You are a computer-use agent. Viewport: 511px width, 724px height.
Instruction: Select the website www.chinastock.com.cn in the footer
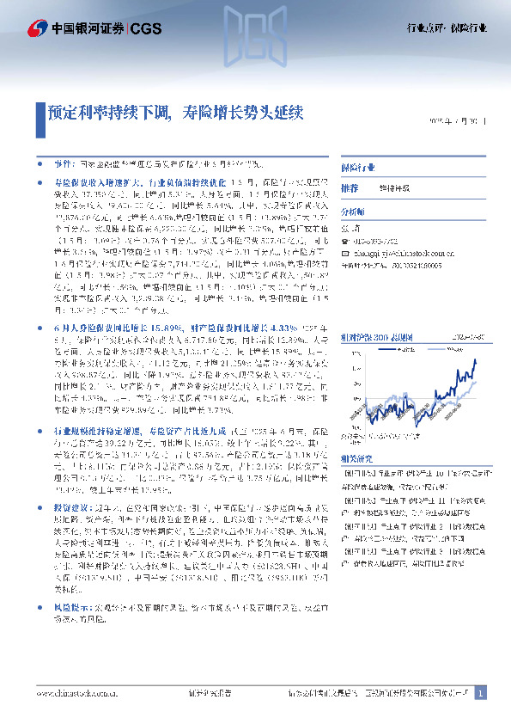pyautogui.click(x=76, y=694)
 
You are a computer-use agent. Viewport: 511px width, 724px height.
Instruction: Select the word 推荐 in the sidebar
pyautogui.click(x=350, y=187)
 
